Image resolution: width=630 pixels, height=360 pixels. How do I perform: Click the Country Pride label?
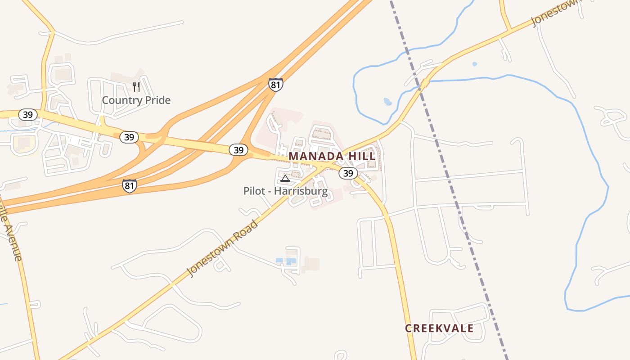136,100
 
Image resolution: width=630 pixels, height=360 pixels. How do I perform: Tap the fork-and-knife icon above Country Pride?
136,86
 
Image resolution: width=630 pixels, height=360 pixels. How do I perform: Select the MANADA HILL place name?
332,156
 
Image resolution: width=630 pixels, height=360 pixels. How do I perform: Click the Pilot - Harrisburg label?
285,191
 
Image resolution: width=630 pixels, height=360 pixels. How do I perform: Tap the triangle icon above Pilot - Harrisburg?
285,179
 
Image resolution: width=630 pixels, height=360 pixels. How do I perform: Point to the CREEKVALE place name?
439,328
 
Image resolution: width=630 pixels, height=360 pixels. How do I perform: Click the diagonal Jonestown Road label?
223,248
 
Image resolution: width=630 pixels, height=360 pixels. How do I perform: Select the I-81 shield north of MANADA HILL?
276,84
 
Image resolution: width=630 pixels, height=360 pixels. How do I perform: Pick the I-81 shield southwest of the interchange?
129,185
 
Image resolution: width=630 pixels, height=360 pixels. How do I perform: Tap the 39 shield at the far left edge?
28,114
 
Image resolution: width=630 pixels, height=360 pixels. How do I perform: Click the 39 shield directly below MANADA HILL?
348,173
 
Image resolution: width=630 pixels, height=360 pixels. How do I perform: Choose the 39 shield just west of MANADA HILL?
238,149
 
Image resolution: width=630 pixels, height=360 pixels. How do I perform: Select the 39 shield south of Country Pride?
129,137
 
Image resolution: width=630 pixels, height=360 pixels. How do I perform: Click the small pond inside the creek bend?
387,102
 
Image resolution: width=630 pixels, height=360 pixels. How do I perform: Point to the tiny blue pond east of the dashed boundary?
474,64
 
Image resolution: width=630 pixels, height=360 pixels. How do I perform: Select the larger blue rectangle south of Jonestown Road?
291,261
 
